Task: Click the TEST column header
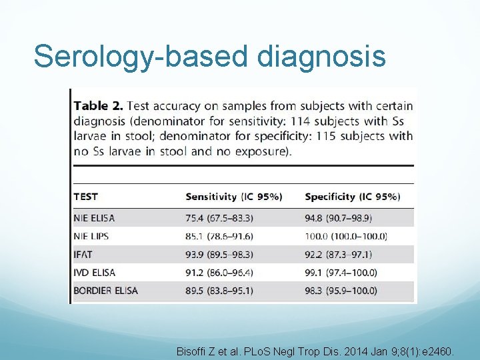[85, 197]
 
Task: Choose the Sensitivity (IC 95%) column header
[233, 197]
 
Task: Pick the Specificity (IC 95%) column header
[352, 197]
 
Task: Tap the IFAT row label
[85, 254]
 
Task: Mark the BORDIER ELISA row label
[105, 291]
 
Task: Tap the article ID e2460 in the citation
[439, 349]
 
